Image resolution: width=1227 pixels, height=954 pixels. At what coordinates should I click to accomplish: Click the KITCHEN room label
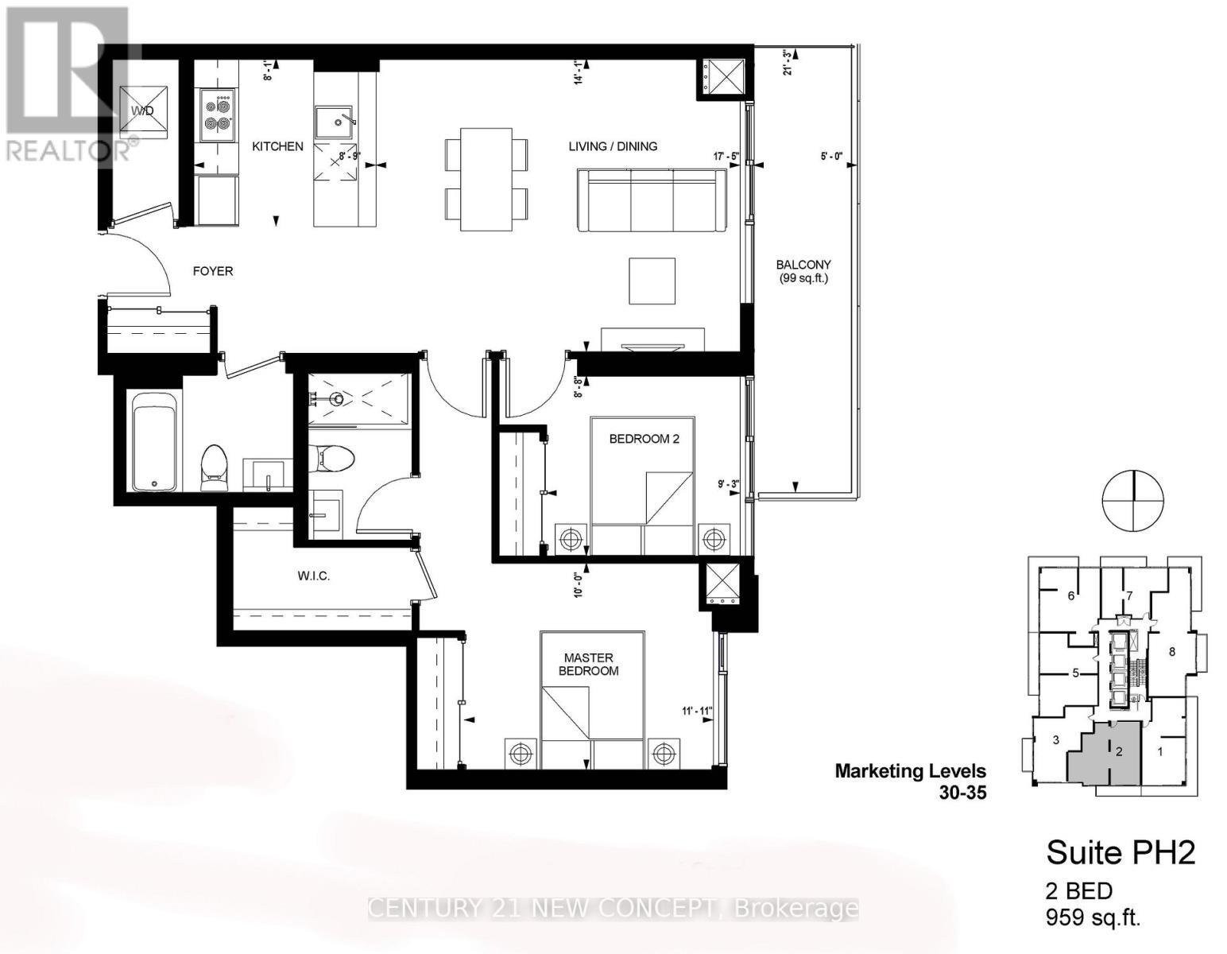click(x=277, y=146)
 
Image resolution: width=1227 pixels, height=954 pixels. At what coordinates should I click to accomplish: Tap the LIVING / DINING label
click(x=612, y=146)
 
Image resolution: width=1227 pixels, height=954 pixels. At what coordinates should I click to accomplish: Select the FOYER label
click(x=213, y=271)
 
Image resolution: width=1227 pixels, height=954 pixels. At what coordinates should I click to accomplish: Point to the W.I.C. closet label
click(x=314, y=576)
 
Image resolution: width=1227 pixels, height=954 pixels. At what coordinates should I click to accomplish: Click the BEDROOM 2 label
click(x=644, y=439)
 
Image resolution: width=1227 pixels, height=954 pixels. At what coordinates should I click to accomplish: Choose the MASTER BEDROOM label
click(x=588, y=664)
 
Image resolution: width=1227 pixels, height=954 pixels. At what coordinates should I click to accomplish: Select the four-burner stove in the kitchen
click(x=217, y=113)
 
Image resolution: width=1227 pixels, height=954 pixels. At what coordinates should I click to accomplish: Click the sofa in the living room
click(x=652, y=200)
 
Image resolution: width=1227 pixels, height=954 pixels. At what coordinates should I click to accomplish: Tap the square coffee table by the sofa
click(x=652, y=281)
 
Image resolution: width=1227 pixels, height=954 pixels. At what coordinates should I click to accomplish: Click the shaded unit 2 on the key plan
click(x=1106, y=751)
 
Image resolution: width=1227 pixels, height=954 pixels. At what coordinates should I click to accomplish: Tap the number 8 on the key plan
click(x=1171, y=653)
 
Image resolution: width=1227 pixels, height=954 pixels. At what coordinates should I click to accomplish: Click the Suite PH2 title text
click(x=1121, y=853)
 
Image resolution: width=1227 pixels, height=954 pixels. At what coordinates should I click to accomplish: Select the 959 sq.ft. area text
click(x=1093, y=918)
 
